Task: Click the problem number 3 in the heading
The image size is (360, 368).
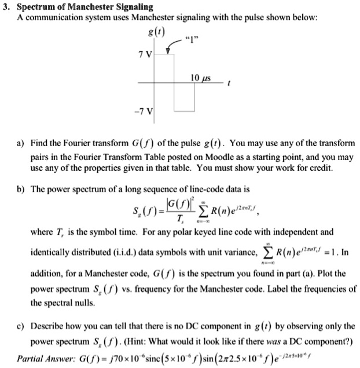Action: tap(5, 7)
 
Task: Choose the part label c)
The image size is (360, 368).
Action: tap(21, 326)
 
